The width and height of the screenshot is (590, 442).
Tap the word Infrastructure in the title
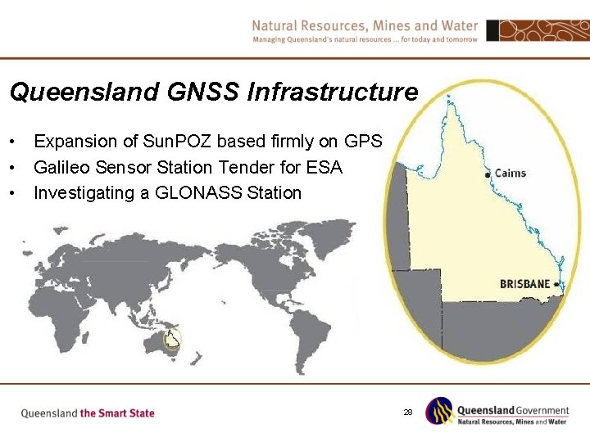click(x=332, y=92)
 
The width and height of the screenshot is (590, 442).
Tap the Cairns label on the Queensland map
click(x=511, y=174)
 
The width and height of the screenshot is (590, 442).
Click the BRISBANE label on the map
click(x=524, y=284)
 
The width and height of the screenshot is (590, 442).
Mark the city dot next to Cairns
click(x=488, y=174)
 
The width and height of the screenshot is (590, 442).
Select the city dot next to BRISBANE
click(x=557, y=284)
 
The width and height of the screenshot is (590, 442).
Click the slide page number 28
click(x=407, y=412)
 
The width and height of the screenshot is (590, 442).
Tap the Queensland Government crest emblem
click(x=438, y=411)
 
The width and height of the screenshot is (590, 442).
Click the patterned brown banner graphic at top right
click(x=537, y=30)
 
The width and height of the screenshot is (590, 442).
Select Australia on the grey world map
click(x=163, y=345)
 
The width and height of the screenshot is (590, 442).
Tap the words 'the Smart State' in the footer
click(x=117, y=413)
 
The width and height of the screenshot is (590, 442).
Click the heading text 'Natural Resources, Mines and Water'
click(x=365, y=25)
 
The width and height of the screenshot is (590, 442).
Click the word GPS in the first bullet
click(x=363, y=141)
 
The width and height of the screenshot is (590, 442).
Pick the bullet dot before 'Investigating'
click(x=14, y=194)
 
